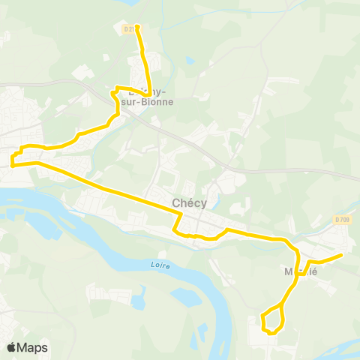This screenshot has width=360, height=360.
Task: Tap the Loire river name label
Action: coord(159,265)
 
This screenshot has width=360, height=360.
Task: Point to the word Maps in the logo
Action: coord(33,347)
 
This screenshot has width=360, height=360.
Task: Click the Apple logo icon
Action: coord(12,347)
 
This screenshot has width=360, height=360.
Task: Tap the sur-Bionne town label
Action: coord(147,102)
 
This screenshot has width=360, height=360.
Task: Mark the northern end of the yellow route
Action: coord(137,27)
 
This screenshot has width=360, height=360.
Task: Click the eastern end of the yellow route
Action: coord(341,255)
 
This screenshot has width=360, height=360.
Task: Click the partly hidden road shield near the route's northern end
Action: coord(127,28)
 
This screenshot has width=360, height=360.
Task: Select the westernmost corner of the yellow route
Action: coord(12,159)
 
